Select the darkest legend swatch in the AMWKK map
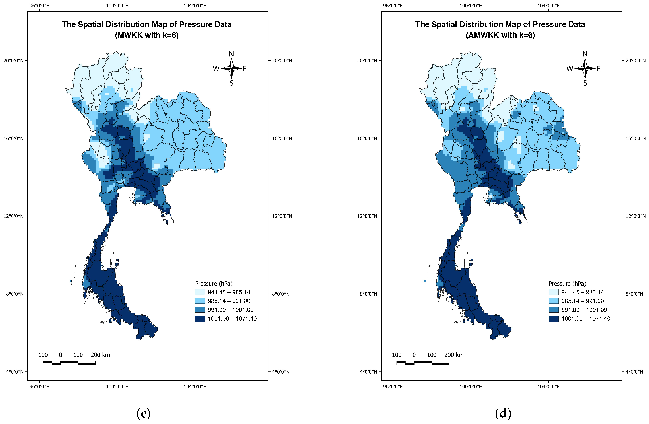point(553,319)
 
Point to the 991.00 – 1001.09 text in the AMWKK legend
point(584,310)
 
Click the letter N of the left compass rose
point(231,54)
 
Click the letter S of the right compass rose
point(585,83)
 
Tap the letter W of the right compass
point(570,69)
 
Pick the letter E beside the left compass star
point(245,69)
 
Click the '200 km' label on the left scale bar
point(100,355)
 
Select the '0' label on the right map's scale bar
point(414,355)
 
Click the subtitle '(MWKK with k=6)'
point(147,35)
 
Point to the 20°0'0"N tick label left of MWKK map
point(13,61)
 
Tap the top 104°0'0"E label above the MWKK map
point(195,5)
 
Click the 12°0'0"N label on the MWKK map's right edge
point(282,216)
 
